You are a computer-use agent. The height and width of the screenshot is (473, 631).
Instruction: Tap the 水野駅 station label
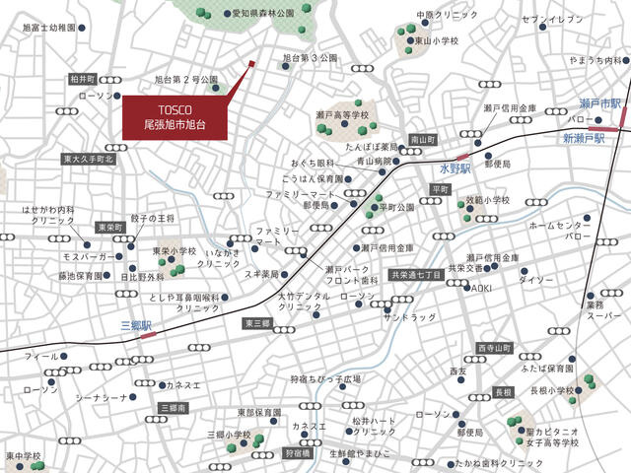pos(457,168)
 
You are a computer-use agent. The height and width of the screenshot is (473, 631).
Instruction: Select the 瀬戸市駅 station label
pos(599,103)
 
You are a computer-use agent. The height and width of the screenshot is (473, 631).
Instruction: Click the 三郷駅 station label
pos(134,324)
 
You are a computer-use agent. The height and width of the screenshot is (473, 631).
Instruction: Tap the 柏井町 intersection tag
pos(82,78)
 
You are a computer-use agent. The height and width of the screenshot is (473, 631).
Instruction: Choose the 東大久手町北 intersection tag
pos(89,158)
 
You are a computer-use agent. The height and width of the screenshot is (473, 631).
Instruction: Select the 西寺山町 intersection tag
pos(494,348)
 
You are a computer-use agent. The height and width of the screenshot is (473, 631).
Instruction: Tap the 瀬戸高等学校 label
pos(342,115)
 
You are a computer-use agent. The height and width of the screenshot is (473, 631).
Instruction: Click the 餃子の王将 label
pos(153,217)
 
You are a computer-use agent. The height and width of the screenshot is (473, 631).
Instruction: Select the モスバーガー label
pos(63,255)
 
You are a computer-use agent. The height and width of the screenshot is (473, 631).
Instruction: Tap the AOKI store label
pos(480,288)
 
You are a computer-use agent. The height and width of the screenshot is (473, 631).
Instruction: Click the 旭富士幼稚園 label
pos(48,28)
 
